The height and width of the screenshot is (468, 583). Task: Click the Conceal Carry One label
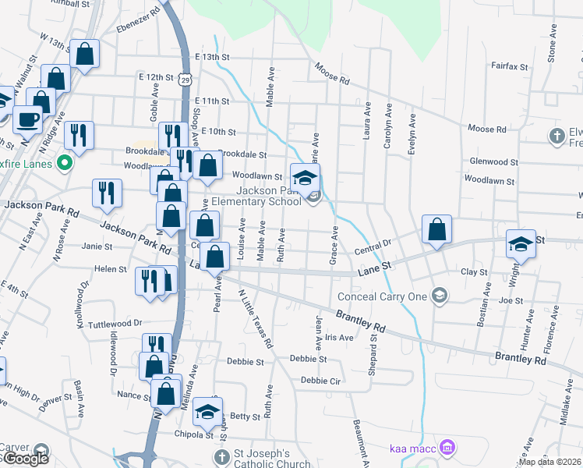click(x=383, y=296)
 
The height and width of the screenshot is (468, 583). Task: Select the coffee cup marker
click(x=28, y=119)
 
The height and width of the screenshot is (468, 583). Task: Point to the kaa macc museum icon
click(x=447, y=448)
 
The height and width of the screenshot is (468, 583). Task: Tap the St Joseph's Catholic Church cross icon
click(x=221, y=456)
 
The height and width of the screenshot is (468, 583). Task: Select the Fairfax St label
click(x=511, y=67)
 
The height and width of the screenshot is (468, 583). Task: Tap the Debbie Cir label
click(x=321, y=381)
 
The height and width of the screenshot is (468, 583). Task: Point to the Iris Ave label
click(x=339, y=337)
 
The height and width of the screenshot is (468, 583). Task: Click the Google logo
click(x=25, y=459)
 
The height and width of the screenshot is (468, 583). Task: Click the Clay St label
click(x=474, y=272)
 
